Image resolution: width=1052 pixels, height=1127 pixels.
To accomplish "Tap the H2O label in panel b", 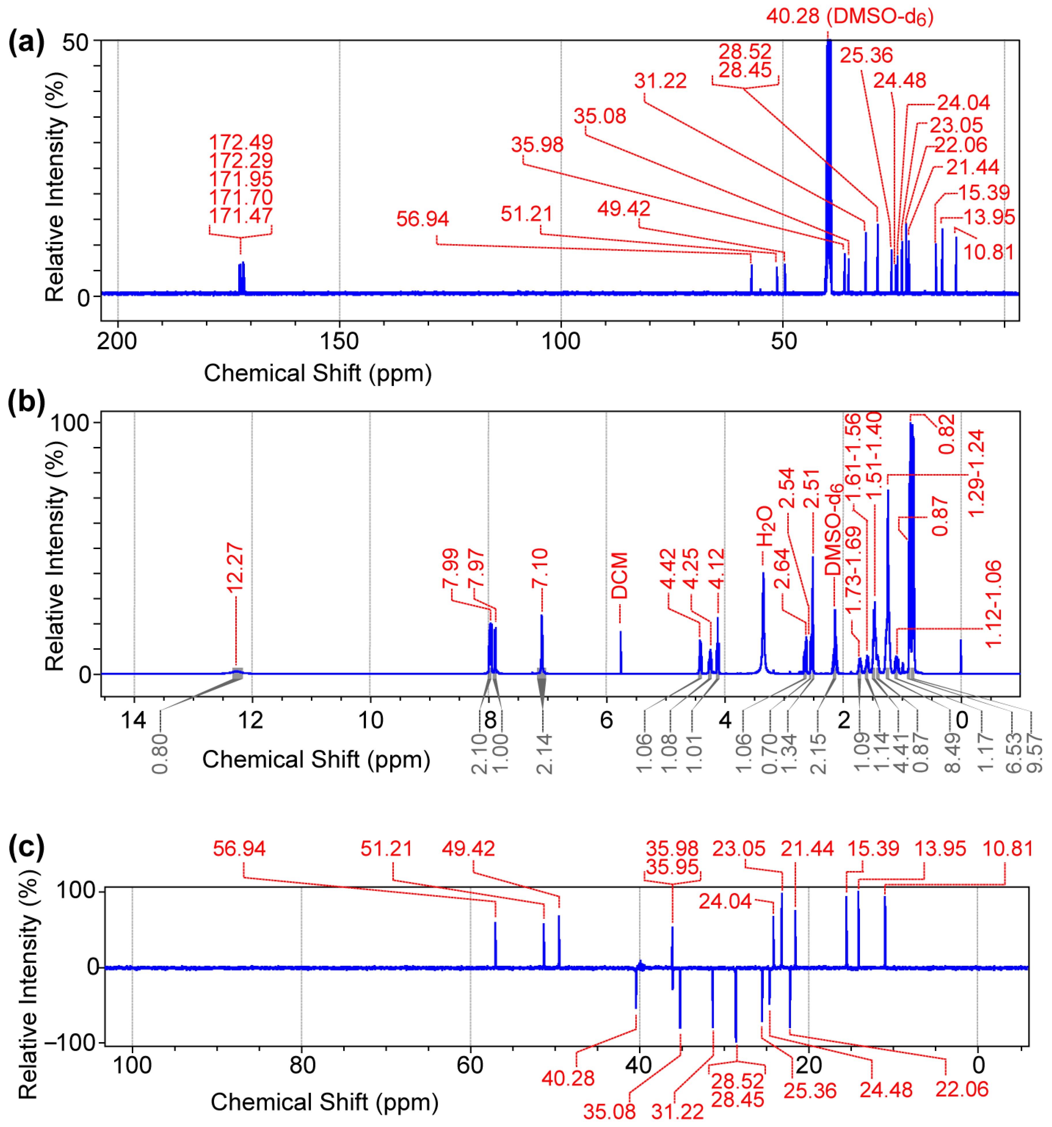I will [764, 526].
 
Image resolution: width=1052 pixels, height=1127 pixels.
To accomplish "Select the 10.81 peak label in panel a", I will [989, 252].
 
